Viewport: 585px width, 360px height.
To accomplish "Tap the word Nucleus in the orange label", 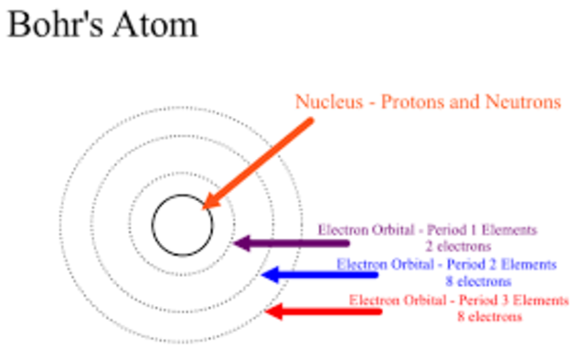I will (325, 102).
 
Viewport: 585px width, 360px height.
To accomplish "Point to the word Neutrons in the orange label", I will (520, 102).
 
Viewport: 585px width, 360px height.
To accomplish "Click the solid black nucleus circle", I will (182, 224).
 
